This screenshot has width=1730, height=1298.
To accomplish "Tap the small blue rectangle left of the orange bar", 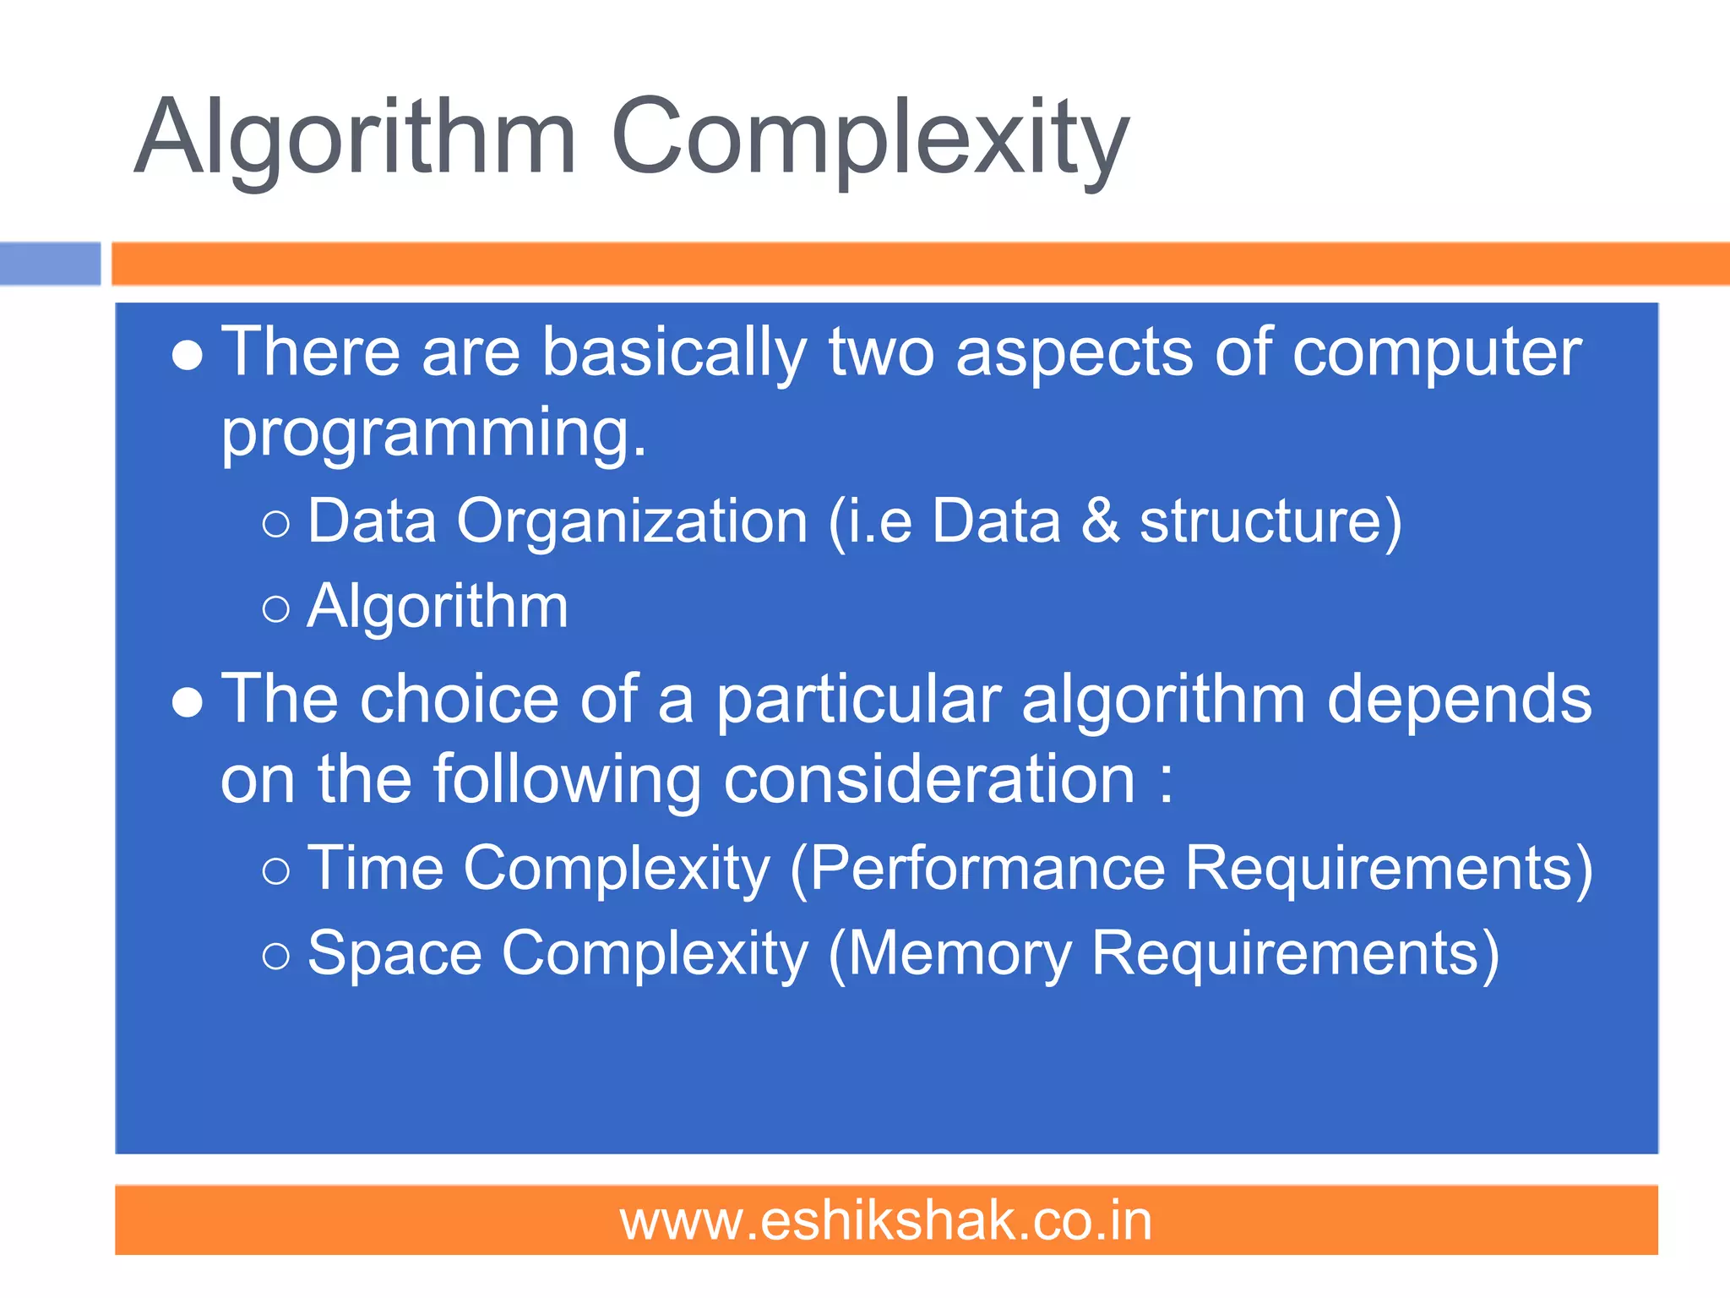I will (x=50, y=264).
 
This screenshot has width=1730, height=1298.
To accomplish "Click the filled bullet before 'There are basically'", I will (x=187, y=356).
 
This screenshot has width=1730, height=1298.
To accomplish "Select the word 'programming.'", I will (x=433, y=433).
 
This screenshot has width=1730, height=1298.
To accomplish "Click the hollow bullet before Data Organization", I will (x=276, y=524).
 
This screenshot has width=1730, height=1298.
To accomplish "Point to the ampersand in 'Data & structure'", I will (x=1100, y=521).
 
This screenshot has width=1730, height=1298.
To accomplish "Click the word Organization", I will (x=633, y=521).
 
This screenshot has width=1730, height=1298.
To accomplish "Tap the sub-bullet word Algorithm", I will (x=438, y=607).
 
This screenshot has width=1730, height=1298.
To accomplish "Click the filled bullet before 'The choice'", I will (x=187, y=702).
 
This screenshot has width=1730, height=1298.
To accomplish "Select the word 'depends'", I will (x=1459, y=700).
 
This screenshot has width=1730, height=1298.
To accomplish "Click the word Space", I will (x=394, y=954).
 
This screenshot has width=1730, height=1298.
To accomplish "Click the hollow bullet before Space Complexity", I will (x=276, y=957).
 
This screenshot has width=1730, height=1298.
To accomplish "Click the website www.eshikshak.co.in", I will (x=885, y=1221).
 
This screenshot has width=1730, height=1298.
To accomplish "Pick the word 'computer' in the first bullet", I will (x=1437, y=353).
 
